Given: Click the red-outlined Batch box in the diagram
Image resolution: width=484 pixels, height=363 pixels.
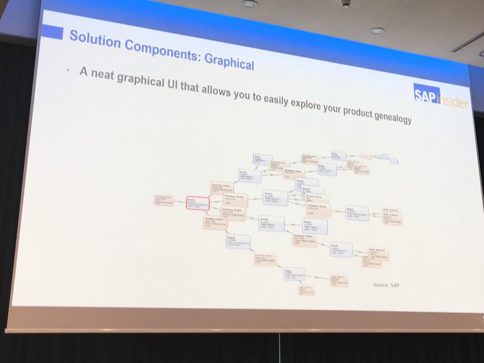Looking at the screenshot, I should [x=197, y=203].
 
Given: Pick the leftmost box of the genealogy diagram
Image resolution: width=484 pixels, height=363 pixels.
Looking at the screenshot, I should [x=164, y=200].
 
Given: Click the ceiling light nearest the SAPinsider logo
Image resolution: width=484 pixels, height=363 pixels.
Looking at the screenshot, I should [x=378, y=31].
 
